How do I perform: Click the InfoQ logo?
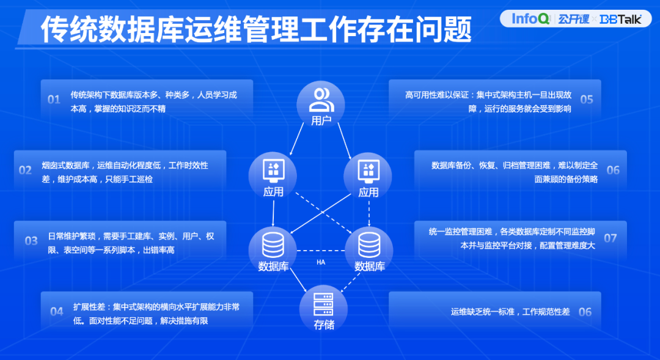[x=530, y=18]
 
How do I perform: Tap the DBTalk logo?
[x=620, y=19]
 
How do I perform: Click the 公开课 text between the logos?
[x=573, y=19]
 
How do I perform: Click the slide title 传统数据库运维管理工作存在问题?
[x=256, y=29]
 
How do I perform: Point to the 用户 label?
[x=321, y=120]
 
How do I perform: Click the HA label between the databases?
[x=321, y=262]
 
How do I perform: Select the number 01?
[x=54, y=99]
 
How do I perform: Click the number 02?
[x=25, y=170]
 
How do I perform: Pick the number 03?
[x=31, y=241]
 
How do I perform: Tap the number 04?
[x=56, y=312]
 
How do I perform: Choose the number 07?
[x=610, y=238]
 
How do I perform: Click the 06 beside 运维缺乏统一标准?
[x=585, y=312]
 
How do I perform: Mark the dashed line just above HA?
[x=321, y=251]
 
